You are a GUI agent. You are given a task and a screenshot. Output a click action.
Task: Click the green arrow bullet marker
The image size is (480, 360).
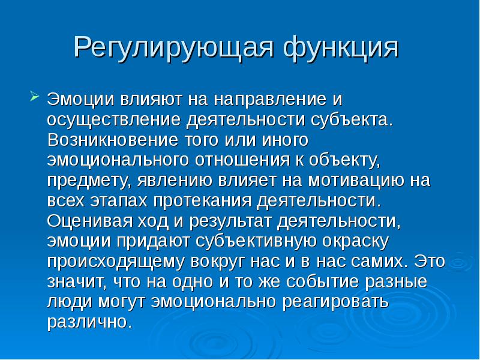34,95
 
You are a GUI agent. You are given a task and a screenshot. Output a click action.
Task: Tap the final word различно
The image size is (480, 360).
88,322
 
